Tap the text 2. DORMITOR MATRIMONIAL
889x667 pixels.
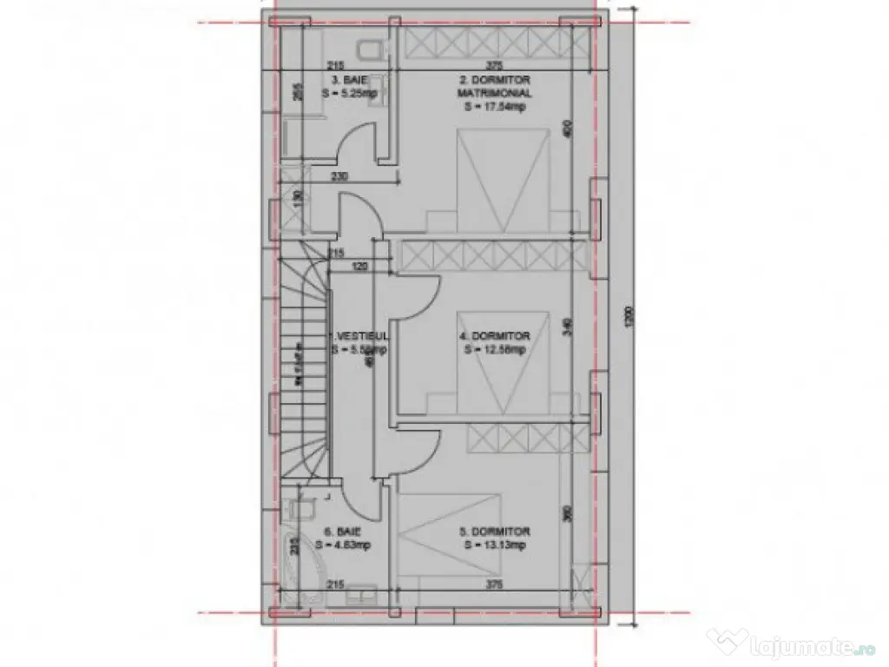495,86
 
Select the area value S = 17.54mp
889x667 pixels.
495,107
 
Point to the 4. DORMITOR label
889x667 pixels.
495,336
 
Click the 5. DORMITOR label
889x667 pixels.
495,532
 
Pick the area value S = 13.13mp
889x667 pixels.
495,545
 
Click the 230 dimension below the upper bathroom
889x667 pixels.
340,177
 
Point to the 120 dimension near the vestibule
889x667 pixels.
360,267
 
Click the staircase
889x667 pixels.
303,365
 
